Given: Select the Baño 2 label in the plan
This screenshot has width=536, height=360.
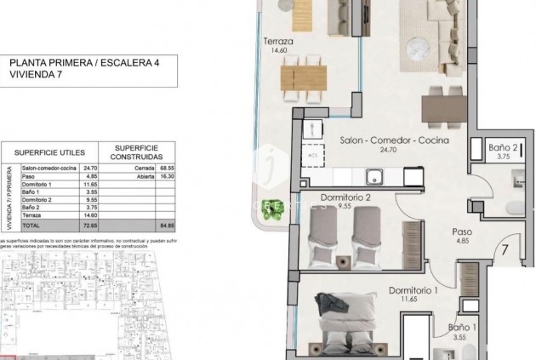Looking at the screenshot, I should pyautogui.click(x=503, y=146).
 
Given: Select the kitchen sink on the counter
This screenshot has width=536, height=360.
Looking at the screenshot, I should pyautogui.click(x=373, y=177).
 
